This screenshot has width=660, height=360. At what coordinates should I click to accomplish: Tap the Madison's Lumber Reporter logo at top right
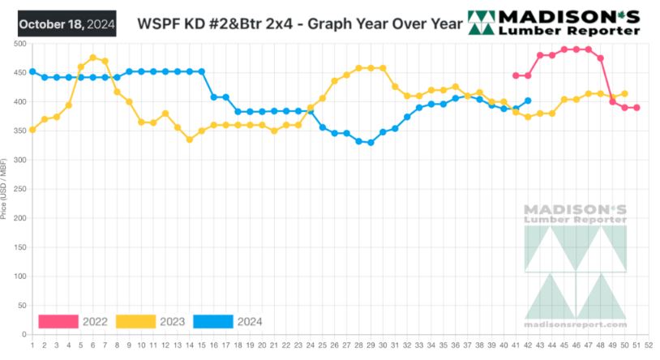click(x=555, y=23)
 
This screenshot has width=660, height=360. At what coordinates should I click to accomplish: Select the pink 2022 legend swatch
click(x=58, y=322)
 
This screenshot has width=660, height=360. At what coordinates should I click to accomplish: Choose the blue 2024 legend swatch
click(x=212, y=322)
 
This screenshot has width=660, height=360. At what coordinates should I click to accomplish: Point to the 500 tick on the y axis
click(x=19, y=43)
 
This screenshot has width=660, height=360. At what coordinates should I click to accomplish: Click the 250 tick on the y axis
click(x=19, y=189)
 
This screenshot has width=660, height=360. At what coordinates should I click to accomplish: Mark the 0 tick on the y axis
click(x=24, y=335)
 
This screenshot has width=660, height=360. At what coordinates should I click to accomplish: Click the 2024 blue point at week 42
click(x=528, y=101)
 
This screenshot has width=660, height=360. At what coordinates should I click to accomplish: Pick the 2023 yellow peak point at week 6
click(x=93, y=58)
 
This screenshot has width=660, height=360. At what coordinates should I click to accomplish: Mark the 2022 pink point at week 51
click(x=637, y=108)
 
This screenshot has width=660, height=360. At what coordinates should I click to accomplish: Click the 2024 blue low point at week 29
click(x=371, y=143)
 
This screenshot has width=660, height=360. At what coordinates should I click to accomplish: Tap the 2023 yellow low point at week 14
click(x=190, y=139)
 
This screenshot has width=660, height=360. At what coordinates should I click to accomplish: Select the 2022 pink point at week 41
click(x=516, y=75)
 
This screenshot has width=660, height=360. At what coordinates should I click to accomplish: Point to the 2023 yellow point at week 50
click(x=624, y=93)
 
